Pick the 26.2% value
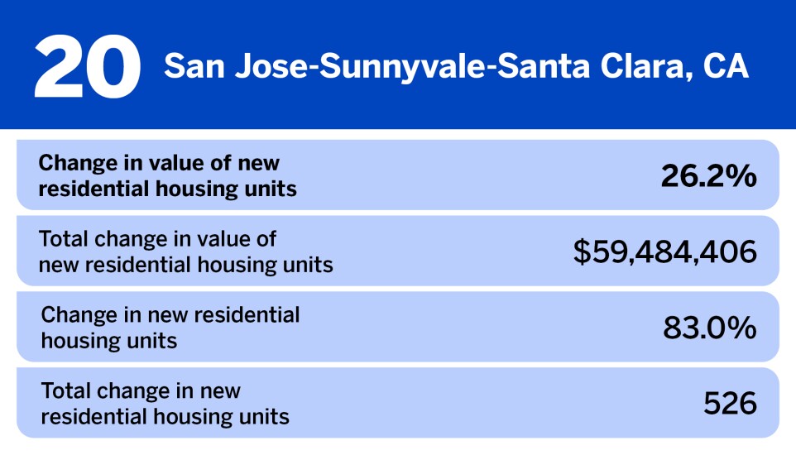click(x=708, y=175)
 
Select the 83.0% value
click(x=709, y=328)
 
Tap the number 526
click(x=730, y=404)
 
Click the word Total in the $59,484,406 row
click(x=64, y=239)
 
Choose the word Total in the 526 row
click(x=65, y=390)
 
